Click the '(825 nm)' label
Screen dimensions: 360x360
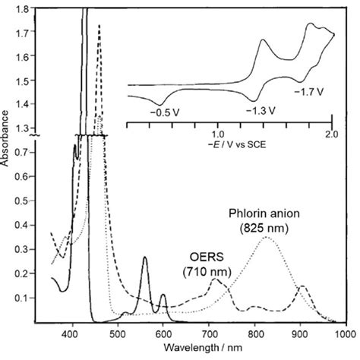pos(265,227)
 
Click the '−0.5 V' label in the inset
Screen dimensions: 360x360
pos(165,112)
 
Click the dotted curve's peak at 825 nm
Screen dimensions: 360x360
pos(266,238)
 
